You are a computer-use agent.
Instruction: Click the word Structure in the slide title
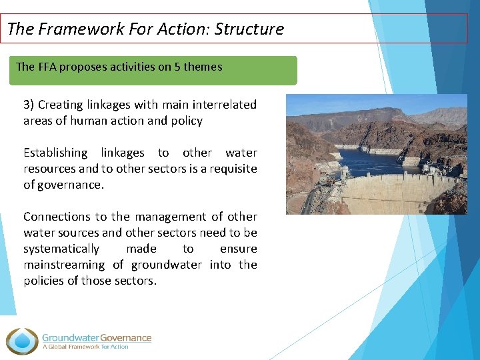point(249,29)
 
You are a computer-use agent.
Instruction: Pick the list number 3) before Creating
point(29,105)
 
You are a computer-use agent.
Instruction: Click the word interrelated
point(225,105)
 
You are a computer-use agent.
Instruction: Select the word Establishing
point(55,153)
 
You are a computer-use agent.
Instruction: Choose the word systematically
point(61,249)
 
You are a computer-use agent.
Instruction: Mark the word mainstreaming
point(64,265)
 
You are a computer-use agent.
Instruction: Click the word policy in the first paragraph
point(187,121)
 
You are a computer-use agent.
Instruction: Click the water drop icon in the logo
point(22,341)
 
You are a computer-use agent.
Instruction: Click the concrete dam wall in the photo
point(400,194)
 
